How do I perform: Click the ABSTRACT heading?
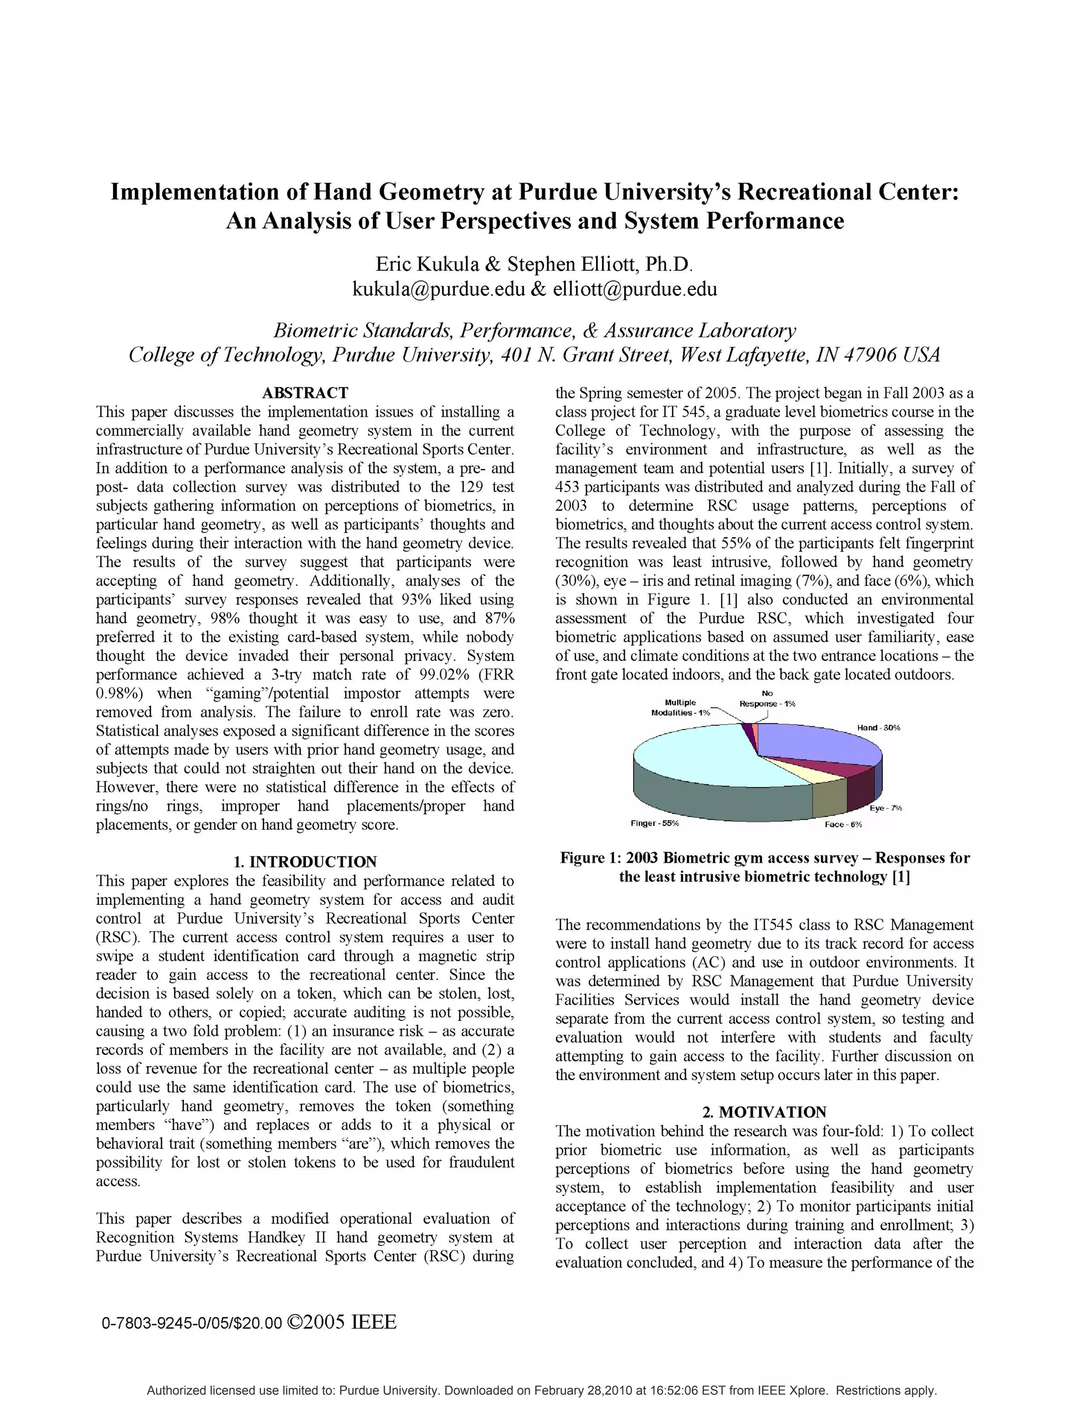(305, 393)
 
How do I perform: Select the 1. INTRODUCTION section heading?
(305, 862)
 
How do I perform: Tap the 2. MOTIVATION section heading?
(764, 1112)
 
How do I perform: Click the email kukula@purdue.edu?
(438, 289)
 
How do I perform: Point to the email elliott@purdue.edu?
(635, 289)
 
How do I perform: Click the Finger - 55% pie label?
(654, 823)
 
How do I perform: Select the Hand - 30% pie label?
(878, 727)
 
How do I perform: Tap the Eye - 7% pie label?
(886, 808)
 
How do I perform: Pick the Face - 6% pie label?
(843, 824)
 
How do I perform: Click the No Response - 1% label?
(767, 699)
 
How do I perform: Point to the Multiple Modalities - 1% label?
(681, 707)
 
